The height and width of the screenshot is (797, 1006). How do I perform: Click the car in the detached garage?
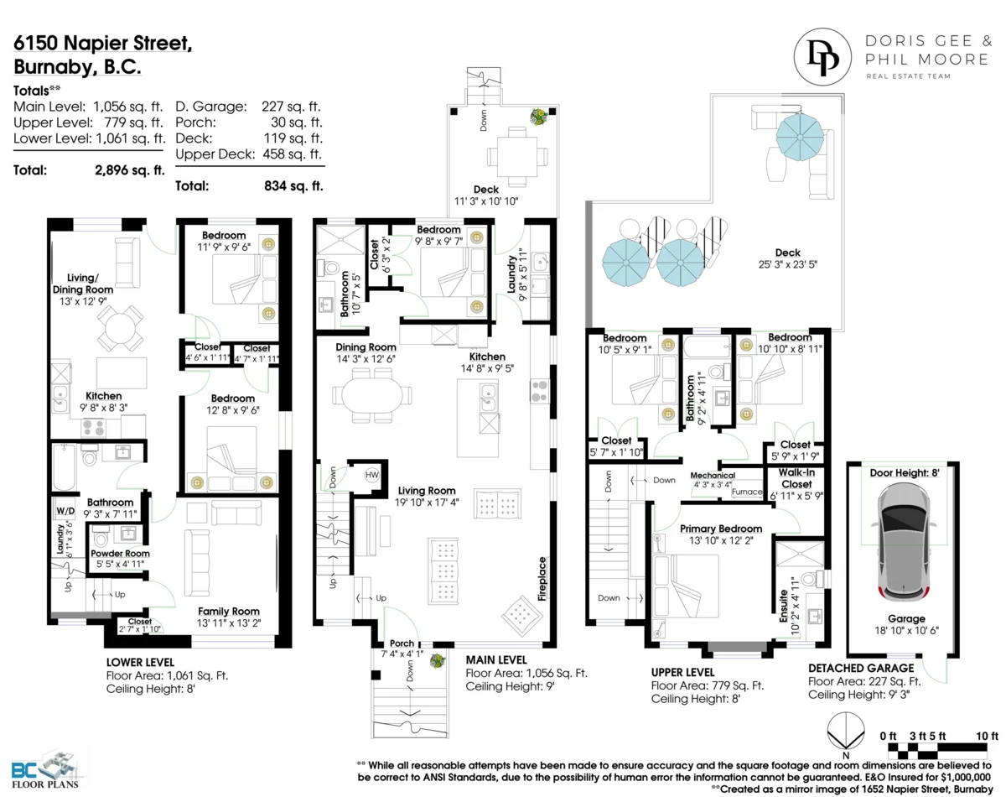point(906,544)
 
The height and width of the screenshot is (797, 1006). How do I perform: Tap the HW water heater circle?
point(371,475)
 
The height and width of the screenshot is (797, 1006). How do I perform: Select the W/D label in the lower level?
point(65,510)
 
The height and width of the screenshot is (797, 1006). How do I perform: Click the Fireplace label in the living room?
point(542,578)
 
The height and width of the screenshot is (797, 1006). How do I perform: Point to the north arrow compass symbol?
point(845,731)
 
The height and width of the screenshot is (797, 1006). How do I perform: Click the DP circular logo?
point(822,56)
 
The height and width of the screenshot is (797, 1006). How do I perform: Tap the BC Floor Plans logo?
point(45,771)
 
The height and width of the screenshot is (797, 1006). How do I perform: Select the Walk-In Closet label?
point(796,478)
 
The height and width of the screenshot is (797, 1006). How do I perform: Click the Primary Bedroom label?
point(721,529)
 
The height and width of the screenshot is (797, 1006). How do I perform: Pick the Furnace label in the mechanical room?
point(747,492)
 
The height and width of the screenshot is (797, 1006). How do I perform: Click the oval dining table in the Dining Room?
point(372,395)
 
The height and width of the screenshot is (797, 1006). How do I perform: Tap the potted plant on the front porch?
point(438,661)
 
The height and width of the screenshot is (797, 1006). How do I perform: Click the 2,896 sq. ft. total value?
point(129,170)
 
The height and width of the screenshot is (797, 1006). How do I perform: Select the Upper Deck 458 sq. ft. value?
point(293,154)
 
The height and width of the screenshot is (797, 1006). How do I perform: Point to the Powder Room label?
point(120,553)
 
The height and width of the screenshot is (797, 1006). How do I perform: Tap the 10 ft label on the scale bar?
point(987,736)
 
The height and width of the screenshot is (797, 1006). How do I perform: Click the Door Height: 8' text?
point(905,473)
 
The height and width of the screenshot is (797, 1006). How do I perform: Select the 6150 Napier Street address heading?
point(102,43)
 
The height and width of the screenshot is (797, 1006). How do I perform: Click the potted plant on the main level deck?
point(539,116)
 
